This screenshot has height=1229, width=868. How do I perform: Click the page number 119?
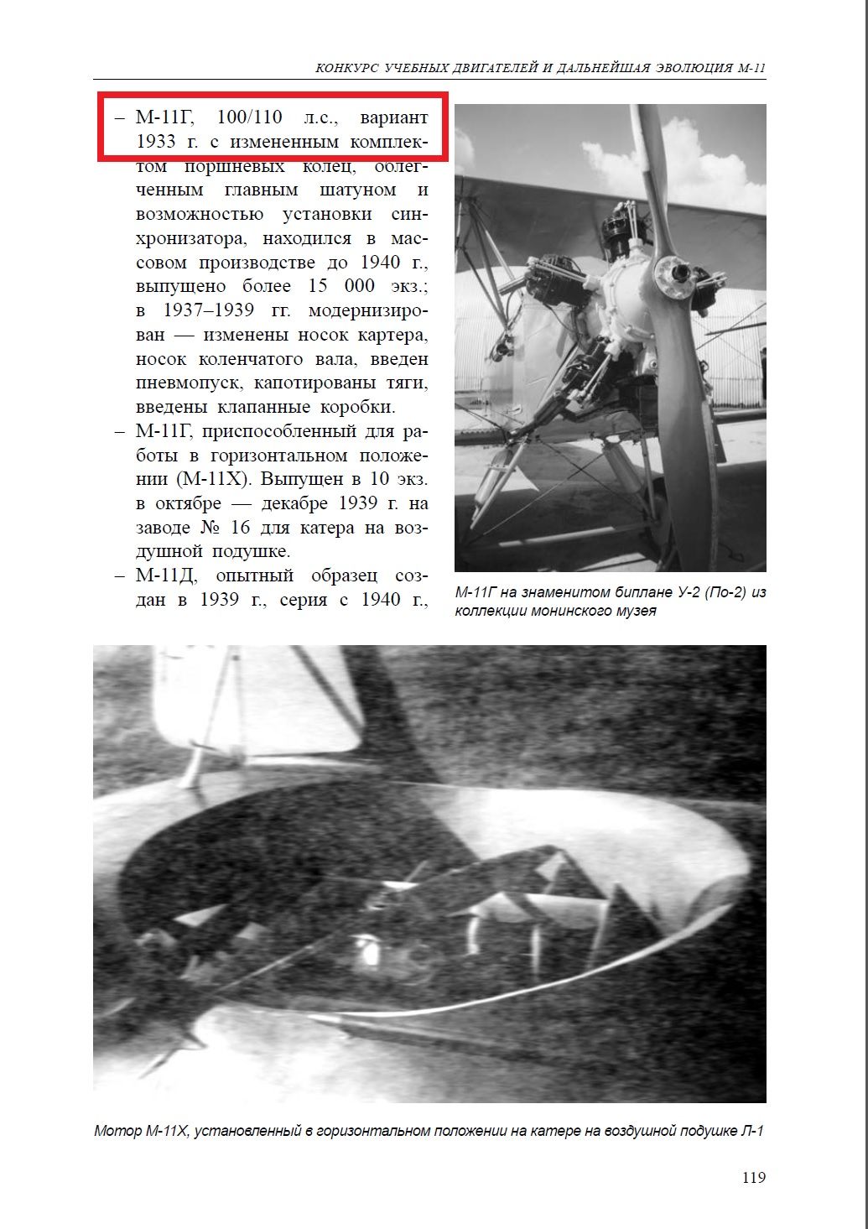tap(753, 1177)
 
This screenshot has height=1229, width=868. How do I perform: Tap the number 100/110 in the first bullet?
tap(250, 117)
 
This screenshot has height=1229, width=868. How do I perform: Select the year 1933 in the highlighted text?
tap(156, 141)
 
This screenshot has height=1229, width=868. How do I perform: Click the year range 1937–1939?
tap(209, 310)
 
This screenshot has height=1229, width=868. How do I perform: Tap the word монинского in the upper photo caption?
tap(565, 611)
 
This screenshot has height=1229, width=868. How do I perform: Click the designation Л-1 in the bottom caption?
tap(752, 1131)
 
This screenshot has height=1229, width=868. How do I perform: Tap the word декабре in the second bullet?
tap(294, 504)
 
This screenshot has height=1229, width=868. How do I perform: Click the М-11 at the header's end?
tap(752, 68)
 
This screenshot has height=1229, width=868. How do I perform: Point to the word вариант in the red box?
tap(394, 117)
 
